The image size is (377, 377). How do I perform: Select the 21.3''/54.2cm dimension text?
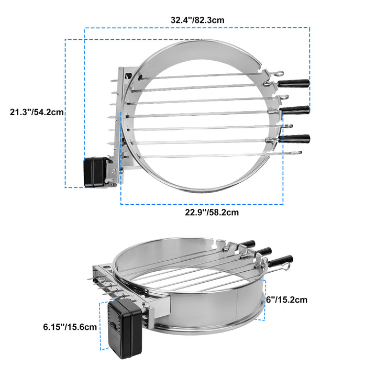(x=37, y=112)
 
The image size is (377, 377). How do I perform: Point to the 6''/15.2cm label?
(x=286, y=300)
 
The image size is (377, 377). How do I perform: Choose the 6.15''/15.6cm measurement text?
(x=70, y=327)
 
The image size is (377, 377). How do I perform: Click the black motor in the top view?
(x=95, y=172)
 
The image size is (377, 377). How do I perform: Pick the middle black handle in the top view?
(x=294, y=109)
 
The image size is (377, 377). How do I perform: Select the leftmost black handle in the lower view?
(x=248, y=244)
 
